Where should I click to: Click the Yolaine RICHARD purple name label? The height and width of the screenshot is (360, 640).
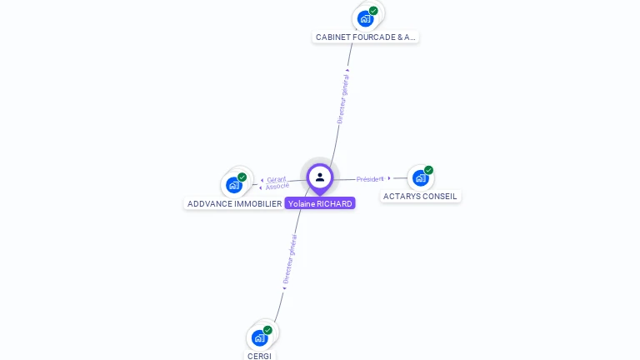pyautogui.click(x=320, y=203)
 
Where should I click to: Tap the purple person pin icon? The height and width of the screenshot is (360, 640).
pyautogui.click(x=320, y=177)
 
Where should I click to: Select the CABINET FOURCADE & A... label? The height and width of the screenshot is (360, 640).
pyautogui.click(x=365, y=37)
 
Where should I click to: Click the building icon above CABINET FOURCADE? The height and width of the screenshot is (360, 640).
pyautogui.click(x=364, y=18)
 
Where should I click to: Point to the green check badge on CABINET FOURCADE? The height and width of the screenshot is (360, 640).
pyautogui.click(x=373, y=11)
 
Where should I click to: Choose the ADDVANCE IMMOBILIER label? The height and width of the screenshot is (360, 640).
pyautogui.click(x=234, y=203)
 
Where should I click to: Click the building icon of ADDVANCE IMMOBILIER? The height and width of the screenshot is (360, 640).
pyautogui.click(x=233, y=184)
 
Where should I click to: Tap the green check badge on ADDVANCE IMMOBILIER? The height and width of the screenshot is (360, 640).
pyautogui.click(x=242, y=177)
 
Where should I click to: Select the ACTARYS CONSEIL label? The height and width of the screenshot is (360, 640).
pyautogui.click(x=420, y=197)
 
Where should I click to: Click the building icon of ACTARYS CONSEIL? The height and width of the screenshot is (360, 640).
pyautogui.click(x=420, y=177)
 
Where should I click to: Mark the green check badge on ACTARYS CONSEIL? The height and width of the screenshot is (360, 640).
pyautogui.click(x=428, y=170)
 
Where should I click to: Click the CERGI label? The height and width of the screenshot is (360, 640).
pyautogui.click(x=259, y=356)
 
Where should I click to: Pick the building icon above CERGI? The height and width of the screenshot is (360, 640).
pyautogui.click(x=259, y=337)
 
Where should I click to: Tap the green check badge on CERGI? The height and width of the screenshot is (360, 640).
pyautogui.click(x=267, y=330)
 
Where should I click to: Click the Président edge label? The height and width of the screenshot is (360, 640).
pyautogui.click(x=369, y=179)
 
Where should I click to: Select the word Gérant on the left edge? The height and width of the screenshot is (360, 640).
pyautogui.click(x=277, y=179)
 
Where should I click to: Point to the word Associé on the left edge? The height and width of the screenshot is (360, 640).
pyautogui.click(x=277, y=186)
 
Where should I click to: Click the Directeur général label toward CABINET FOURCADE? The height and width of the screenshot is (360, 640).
pyautogui.click(x=342, y=99)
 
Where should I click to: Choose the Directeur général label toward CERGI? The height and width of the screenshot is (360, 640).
pyautogui.click(x=289, y=260)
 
